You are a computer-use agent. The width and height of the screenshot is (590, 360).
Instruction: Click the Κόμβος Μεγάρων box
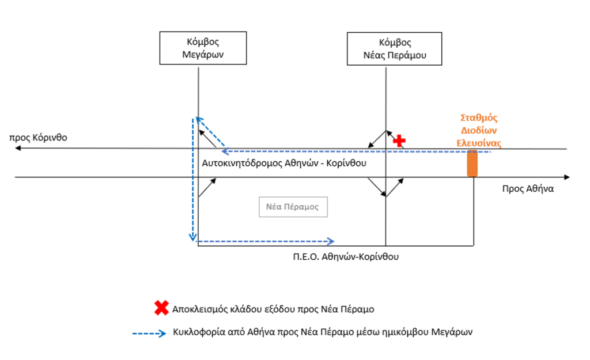[198, 48]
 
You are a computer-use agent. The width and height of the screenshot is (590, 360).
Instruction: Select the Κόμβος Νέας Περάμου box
[395, 48]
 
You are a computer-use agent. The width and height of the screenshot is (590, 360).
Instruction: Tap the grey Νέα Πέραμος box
[293, 207]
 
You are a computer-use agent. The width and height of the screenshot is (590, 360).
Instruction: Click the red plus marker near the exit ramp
[399, 140]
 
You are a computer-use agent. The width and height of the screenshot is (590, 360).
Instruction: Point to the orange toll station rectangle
[472, 163]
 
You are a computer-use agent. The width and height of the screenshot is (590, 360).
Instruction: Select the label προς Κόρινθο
[39, 138]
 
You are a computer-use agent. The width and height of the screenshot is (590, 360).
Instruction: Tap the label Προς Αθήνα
[527, 188]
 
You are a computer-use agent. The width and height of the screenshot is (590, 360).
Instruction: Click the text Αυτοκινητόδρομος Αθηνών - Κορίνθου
[285, 164]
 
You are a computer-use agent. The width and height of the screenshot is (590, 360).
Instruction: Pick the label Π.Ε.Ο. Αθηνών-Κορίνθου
[346, 257]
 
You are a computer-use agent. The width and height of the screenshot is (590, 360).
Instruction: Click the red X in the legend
[161, 308]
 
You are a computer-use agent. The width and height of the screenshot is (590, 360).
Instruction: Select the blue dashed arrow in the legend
[149, 332]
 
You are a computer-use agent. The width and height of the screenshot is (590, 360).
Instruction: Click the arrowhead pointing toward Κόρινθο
[18, 149]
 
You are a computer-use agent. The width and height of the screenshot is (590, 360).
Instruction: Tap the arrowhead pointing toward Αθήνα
[567, 177]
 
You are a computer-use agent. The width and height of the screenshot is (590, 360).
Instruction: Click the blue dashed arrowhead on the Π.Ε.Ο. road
[331, 241]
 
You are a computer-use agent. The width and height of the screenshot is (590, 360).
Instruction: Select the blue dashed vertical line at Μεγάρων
[192, 179]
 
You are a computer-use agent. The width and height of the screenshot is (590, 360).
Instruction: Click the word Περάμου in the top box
[411, 56]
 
